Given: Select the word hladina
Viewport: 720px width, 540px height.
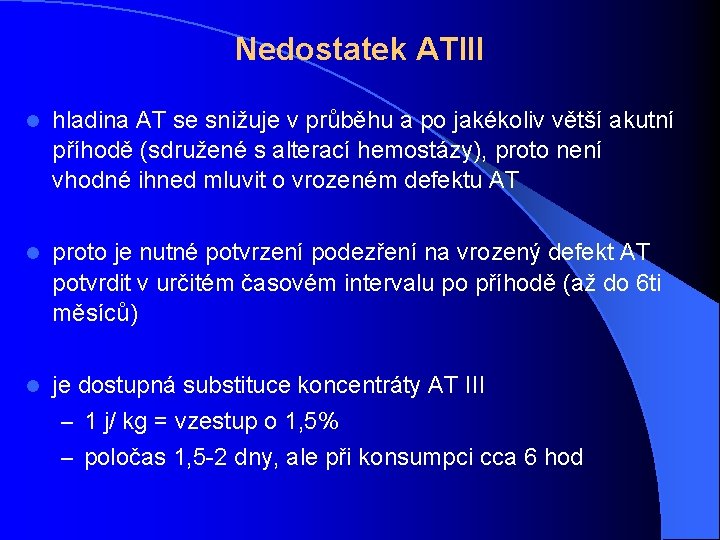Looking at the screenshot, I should pos(91,121).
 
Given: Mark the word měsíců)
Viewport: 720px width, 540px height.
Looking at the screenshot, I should pos(95,313).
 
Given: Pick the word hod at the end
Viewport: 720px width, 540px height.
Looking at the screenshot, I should pos(563,458).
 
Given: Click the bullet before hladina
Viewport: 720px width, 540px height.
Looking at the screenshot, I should pos(33,121).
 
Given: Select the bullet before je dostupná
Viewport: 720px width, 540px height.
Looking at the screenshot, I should pos(33,386).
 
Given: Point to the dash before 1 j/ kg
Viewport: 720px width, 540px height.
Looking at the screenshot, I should pos(67,421).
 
